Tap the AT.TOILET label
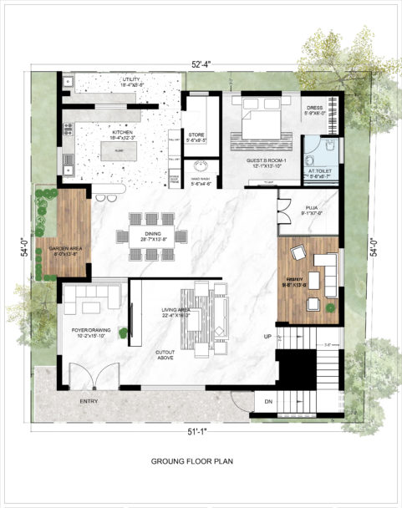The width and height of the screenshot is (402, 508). pos(321,172)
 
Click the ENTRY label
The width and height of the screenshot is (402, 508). pos(89,402)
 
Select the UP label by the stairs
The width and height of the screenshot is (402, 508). pos(267,337)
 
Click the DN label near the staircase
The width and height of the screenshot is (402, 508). pos(267,401)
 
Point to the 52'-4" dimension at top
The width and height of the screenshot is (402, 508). pos(201,64)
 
